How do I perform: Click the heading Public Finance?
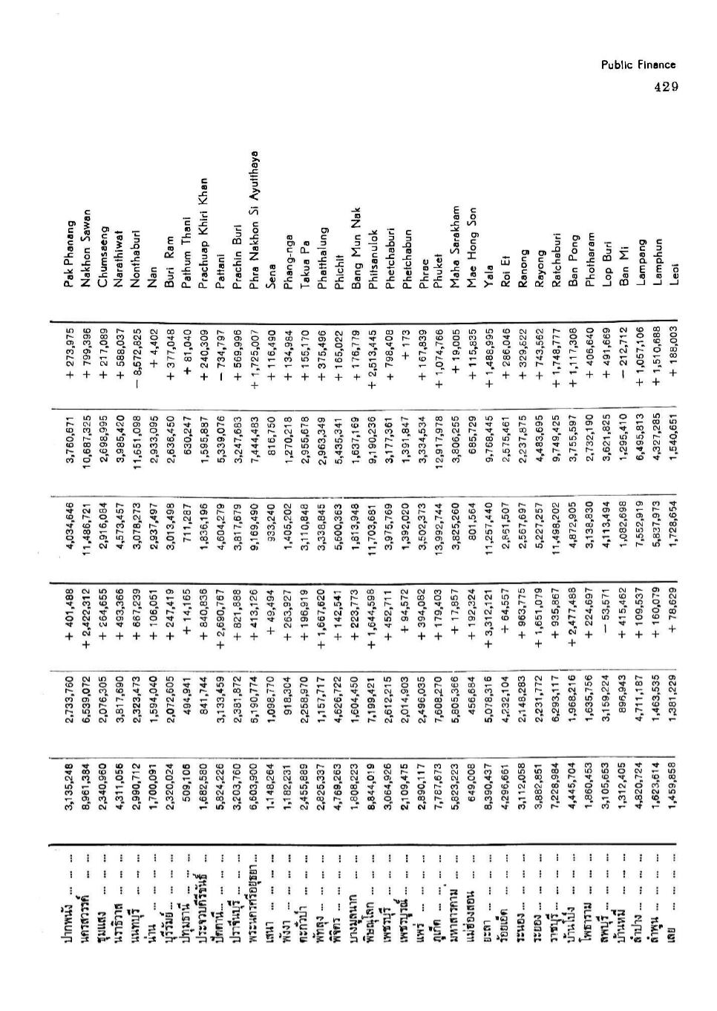pos(638,65)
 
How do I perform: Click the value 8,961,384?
pos(86,788)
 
